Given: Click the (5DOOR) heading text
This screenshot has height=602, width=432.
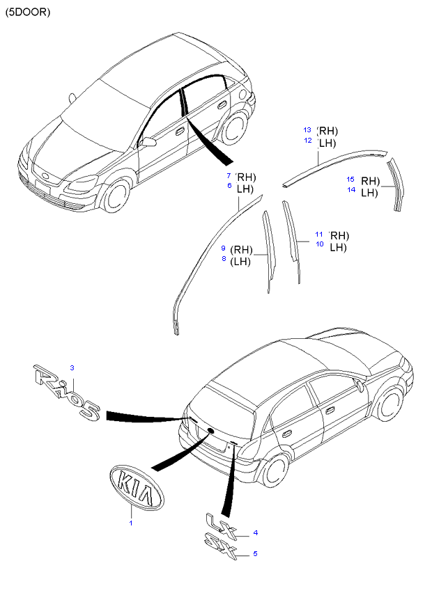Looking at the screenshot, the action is [28, 13].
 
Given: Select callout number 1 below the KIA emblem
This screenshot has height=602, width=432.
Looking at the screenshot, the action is [131, 523].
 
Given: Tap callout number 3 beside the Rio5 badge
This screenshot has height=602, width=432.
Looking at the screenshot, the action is [72, 367].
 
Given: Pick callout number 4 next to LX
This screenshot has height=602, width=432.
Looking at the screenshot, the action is [256, 533].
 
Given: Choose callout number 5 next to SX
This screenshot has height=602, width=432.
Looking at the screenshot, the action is [255, 553].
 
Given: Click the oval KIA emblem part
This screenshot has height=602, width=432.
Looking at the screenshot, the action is [137, 488].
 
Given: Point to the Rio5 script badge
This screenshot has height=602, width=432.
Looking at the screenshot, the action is [68, 392].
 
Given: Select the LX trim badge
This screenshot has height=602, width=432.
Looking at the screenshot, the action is [222, 525].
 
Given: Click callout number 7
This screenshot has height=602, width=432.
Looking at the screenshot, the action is [229, 176].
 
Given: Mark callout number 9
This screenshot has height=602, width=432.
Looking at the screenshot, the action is [223, 248].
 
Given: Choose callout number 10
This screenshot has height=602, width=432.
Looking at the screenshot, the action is [320, 244].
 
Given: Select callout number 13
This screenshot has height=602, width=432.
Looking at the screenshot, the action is [307, 129].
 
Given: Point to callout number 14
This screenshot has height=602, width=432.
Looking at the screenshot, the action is [351, 190].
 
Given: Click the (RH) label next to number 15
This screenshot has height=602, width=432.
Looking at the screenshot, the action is [370, 181].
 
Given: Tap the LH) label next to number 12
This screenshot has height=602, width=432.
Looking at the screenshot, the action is [327, 143].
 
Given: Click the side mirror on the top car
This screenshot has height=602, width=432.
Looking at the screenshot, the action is [148, 142].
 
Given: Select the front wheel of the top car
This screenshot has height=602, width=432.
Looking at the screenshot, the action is [116, 196].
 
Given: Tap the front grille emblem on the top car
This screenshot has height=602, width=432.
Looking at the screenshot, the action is [45, 177].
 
